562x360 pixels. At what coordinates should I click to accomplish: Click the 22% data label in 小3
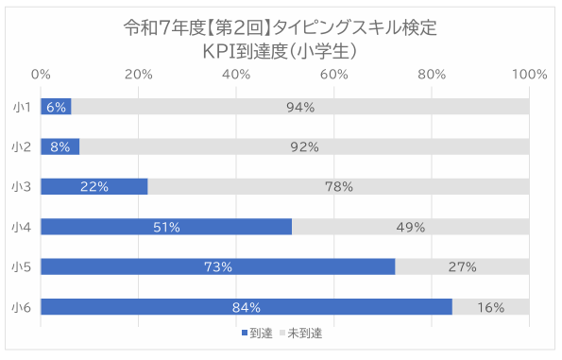94,187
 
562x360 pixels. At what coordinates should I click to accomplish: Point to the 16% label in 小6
490,307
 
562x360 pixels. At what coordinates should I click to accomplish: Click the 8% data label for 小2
60,147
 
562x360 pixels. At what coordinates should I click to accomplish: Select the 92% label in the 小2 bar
304,147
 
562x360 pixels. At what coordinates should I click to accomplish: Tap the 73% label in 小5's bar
218,267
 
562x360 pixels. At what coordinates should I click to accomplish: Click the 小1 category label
22,107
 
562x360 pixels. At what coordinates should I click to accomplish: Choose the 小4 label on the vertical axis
22,227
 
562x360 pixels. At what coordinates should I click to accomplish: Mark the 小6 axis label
22,307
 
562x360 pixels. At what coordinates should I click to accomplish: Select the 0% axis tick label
42,74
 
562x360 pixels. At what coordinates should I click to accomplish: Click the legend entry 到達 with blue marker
257,334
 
